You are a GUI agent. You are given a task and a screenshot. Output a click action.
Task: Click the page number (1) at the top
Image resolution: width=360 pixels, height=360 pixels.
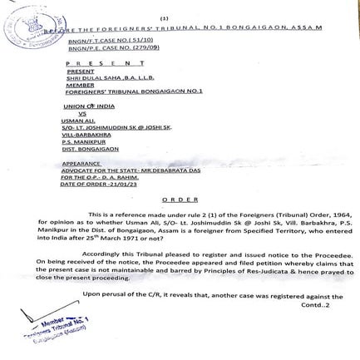point(164,17)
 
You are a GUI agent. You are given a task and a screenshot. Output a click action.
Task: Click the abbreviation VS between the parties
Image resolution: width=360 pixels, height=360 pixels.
point(81,113)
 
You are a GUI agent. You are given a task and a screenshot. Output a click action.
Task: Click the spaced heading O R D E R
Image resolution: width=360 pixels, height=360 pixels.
point(180,200)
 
